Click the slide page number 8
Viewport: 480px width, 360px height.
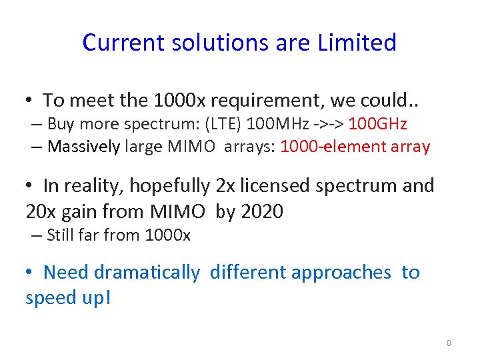tap(449, 343)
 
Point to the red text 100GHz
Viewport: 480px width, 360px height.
tap(377, 124)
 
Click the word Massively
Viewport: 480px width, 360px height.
tap(83, 147)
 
